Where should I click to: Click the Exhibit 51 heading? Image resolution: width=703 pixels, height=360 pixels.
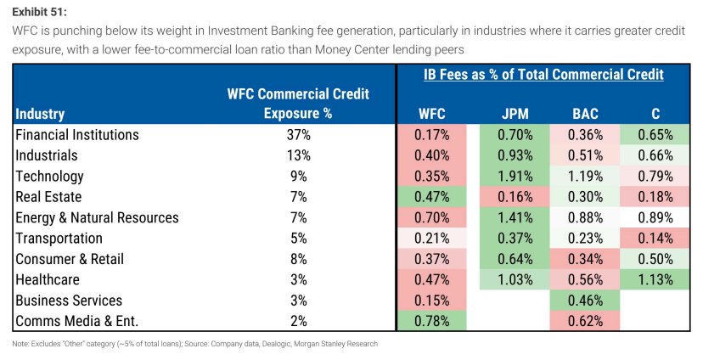tap(39, 12)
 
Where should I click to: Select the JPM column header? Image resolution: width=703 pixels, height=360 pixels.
tap(515, 114)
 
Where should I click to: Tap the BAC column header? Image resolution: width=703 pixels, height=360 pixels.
tap(585, 114)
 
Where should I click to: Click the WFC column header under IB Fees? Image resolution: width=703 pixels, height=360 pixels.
tap(432, 114)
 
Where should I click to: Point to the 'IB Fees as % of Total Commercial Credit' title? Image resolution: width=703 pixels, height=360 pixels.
tap(543, 75)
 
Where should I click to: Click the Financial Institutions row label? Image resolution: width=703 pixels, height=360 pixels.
tap(77, 135)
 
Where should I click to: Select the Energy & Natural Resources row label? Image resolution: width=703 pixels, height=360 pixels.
tap(97, 218)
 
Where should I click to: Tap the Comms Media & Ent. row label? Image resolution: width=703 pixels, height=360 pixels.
tap(76, 321)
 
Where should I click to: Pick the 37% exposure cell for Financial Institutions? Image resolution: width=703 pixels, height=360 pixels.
tap(299, 135)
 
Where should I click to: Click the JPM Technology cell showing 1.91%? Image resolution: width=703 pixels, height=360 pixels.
tap(515, 177)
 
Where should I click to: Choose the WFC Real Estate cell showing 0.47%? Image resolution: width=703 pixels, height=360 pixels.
tap(432, 197)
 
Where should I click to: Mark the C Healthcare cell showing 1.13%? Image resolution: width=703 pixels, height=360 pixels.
tap(655, 279)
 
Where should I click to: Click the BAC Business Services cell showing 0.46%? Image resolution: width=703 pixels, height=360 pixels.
tap(585, 301)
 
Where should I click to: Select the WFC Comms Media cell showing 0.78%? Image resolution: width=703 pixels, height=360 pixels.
tap(432, 321)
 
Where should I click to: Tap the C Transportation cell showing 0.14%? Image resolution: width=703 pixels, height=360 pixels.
tap(655, 239)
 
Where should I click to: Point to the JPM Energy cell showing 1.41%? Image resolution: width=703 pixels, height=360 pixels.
tap(515, 218)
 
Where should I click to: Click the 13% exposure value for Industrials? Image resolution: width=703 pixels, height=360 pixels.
tap(299, 155)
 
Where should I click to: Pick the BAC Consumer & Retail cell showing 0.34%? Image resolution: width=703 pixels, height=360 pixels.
tap(585, 259)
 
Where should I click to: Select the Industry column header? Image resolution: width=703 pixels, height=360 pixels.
tap(40, 115)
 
